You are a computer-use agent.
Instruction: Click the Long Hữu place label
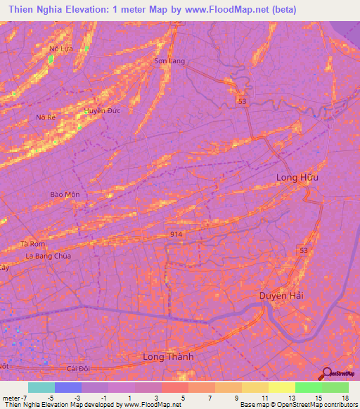pyautogui.click(x=297, y=177)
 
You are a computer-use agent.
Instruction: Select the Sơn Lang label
pyautogui.click(x=169, y=61)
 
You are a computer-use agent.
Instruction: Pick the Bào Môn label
pyautogui.click(x=60, y=194)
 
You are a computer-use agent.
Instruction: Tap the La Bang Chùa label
pyautogui.click(x=49, y=256)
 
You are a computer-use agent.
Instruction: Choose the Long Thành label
pyautogui.click(x=168, y=357)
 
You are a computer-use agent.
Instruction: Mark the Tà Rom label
pyautogui.click(x=33, y=244)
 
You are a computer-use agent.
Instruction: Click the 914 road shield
pyautogui.click(x=176, y=233)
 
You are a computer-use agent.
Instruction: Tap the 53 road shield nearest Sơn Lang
pyautogui.click(x=243, y=102)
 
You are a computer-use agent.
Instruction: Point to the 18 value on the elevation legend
pyautogui.click(x=346, y=397)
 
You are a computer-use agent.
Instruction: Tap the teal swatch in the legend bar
pyautogui.click(x=41, y=387)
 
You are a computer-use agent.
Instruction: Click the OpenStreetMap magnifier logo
pyautogui.click(x=327, y=375)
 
